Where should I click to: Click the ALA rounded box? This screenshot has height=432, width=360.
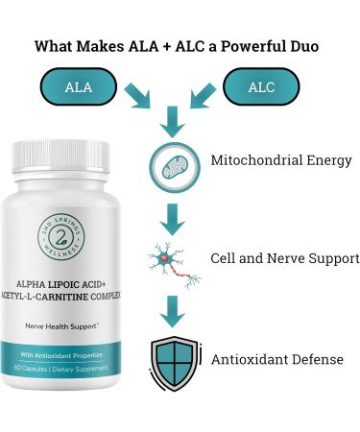coord(78,87)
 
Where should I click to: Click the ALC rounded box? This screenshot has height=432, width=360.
coord(261,87)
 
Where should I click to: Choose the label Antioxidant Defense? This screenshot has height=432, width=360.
coord(277,359)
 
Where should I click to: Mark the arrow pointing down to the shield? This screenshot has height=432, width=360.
coord(171,311)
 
